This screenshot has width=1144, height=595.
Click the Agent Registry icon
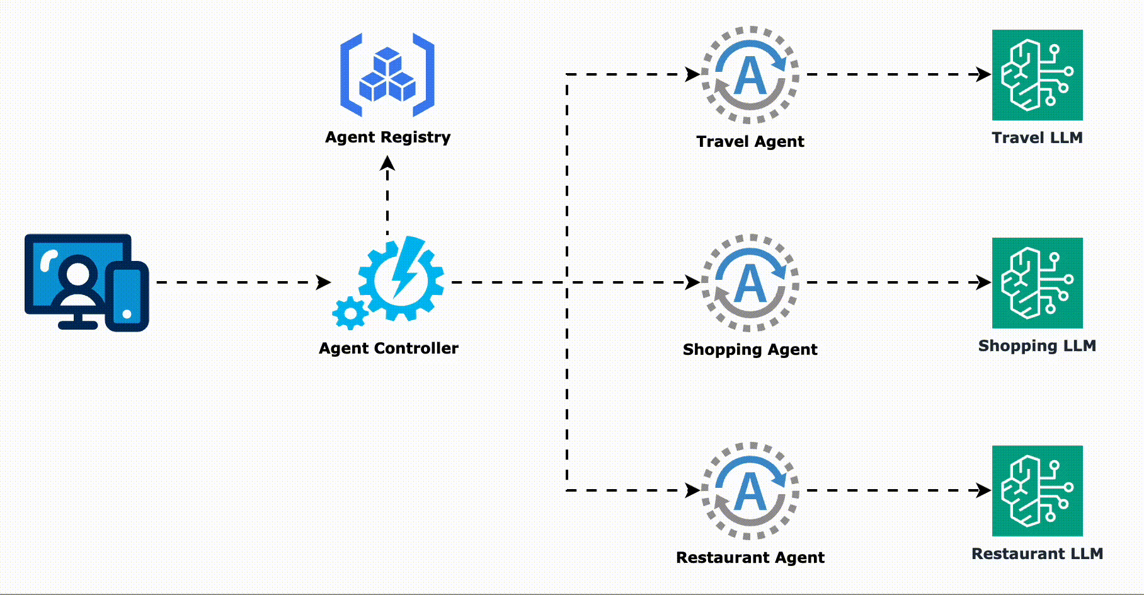(387, 75)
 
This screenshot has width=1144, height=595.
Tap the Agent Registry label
(387, 137)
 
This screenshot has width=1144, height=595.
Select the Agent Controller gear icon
(401, 279)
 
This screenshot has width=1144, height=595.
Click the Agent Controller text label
(388, 349)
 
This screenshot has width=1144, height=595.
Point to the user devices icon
(87, 282)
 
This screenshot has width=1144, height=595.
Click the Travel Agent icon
(750, 75)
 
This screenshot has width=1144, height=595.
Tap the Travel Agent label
(750, 142)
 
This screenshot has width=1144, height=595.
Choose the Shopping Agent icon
(750, 283)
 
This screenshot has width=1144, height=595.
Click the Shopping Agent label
(750, 350)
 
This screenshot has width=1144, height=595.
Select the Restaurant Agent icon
(750, 491)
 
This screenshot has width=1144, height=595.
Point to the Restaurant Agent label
(750, 558)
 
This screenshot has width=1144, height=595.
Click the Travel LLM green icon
(1037, 75)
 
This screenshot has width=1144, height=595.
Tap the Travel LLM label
(1037, 138)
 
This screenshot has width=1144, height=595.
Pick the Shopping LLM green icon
(1037, 283)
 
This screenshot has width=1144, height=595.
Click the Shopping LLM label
(1037, 346)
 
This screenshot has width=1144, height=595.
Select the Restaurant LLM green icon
(1037, 491)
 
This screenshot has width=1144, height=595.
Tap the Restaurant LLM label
(1037, 554)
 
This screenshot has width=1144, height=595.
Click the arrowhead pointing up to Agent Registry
(387, 163)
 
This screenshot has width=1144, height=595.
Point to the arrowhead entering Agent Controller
(324, 282)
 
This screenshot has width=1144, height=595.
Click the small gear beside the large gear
(350, 313)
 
